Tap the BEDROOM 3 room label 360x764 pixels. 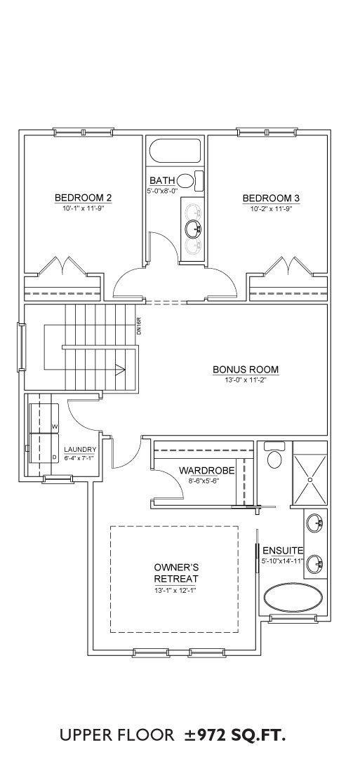click(x=272, y=198)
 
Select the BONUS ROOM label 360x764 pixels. click(x=246, y=369)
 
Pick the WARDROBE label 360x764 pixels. click(x=207, y=471)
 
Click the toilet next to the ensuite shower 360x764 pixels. click(x=274, y=455)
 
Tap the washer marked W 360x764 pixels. click(x=44, y=418)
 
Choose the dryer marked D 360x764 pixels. click(x=44, y=448)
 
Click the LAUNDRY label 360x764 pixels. click(x=81, y=449)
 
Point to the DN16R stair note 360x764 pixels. click(x=139, y=326)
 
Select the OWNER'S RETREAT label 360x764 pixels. click(x=176, y=573)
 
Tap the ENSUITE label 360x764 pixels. click(x=283, y=551)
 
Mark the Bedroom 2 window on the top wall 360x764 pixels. click(x=84, y=132)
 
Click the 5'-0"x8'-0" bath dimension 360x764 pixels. click(x=162, y=192)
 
